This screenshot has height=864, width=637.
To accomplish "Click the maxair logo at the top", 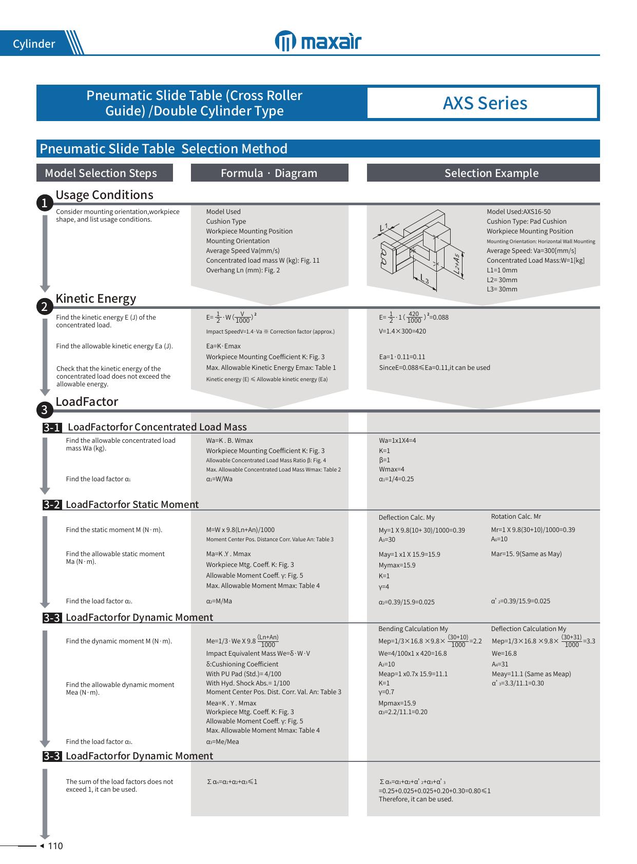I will (x=318, y=42).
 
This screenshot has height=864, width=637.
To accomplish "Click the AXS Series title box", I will (x=485, y=103).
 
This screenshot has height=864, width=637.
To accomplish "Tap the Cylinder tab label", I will (x=34, y=44).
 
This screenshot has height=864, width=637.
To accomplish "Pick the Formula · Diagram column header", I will (x=269, y=173).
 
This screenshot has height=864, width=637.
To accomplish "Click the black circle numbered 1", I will (x=45, y=203).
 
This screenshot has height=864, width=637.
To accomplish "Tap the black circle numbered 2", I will (x=45, y=307).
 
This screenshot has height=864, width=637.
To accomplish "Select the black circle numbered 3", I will (x=45, y=410).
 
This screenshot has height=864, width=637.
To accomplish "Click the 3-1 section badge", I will (x=52, y=427).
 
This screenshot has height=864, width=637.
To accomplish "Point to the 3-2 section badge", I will (x=52, y=505).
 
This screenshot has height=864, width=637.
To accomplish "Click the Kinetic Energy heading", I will (x=95, y=299).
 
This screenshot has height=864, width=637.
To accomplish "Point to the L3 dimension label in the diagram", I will (x=424, y=279).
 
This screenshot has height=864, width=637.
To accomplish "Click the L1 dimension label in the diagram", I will (x=383, y=226).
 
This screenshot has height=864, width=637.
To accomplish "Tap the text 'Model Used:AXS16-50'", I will (x=518, y=212).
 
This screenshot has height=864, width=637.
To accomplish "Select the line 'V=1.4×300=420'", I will (x=402, y=331).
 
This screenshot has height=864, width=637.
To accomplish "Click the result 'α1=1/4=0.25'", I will (x=396, y=479).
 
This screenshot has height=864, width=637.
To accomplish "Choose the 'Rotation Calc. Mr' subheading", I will (x=516, y=517).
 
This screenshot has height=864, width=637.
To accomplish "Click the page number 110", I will (x=55, y=846).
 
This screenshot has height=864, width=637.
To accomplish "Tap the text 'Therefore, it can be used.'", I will (x=416, y=799).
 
